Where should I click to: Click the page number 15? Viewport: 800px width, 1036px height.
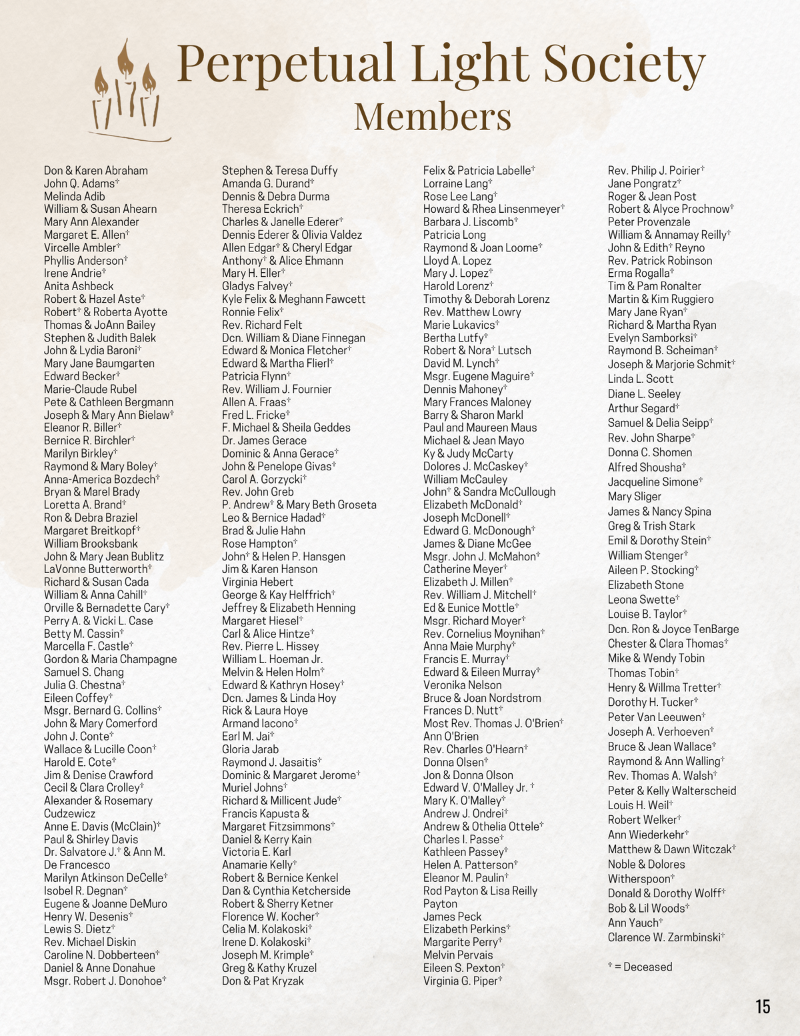point(763,1006)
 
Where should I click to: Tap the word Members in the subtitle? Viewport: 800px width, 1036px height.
point(433,116)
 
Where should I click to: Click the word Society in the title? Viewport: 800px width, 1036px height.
point(623,63)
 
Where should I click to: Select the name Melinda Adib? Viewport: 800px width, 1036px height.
point(75,196)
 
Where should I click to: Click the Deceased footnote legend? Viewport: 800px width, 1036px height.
point(640,967)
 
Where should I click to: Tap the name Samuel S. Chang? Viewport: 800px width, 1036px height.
point(84,672)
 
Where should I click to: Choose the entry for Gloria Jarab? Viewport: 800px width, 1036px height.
point(250,749)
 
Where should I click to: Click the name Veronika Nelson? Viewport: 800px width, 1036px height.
point(462,685)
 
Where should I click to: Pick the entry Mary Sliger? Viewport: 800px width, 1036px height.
point(634,496)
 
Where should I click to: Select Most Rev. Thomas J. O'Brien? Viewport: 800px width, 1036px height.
point(491,723)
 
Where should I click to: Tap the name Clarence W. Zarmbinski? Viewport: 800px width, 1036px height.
point(665,937)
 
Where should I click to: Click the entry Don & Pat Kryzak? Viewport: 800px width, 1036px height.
point(263,981)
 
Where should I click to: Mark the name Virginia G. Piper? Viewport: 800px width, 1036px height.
point(461,981)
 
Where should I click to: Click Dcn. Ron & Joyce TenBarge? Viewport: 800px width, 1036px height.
point(673,629)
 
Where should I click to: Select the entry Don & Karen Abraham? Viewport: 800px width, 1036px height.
point(96,171)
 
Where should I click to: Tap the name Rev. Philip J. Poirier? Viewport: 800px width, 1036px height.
point(654,171)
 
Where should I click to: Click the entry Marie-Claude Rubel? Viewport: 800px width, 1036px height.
point(90,389)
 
